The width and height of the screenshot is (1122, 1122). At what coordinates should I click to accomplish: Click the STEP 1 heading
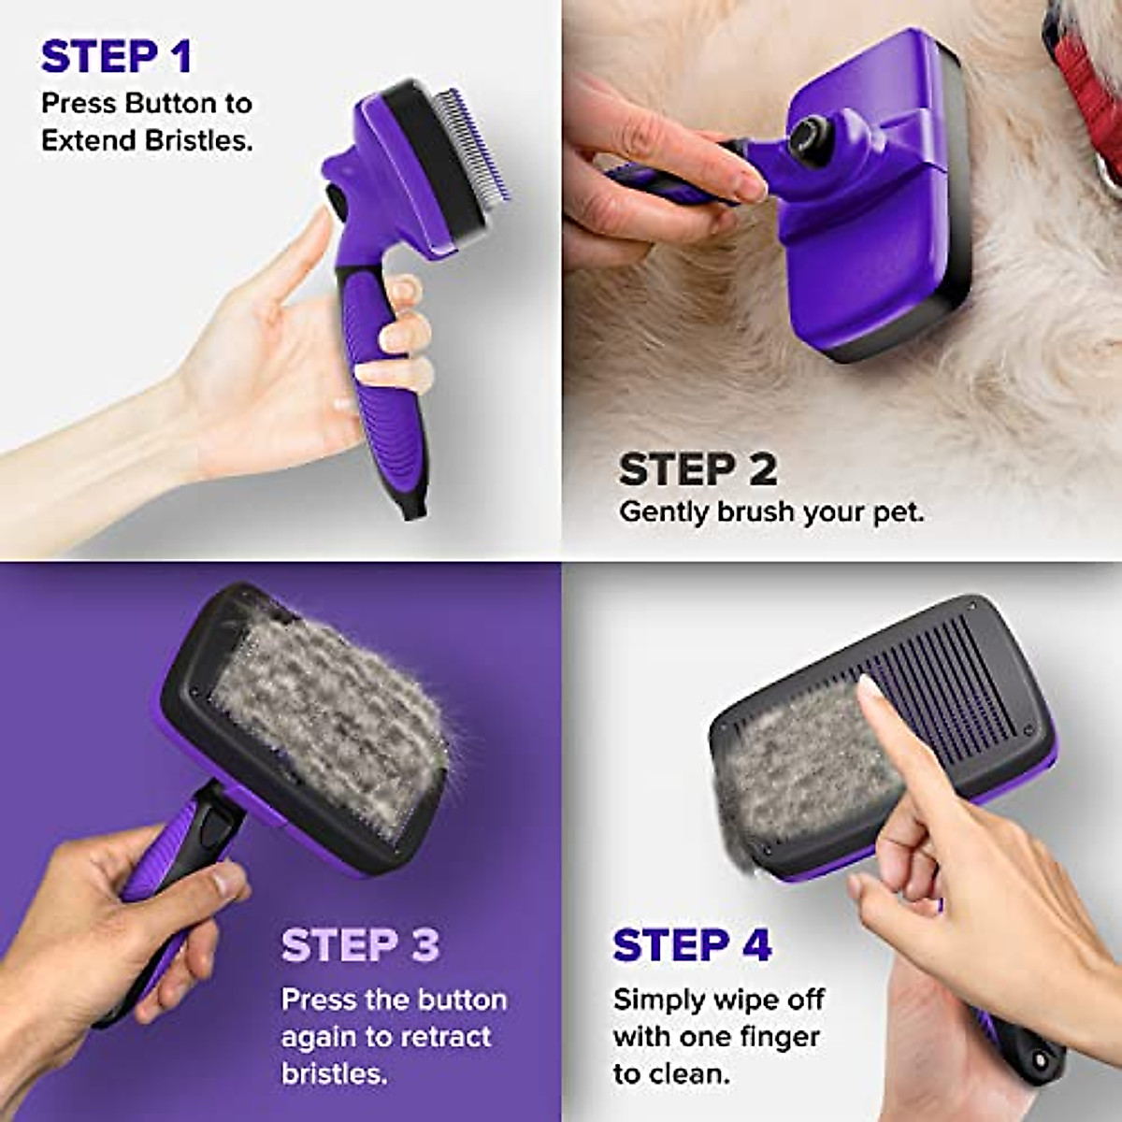click(x=117, y=57)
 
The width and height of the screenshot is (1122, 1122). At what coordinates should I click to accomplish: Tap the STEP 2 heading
click(x=698, y=469)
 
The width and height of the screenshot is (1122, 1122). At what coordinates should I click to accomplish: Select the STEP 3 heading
click(x=360, y=945)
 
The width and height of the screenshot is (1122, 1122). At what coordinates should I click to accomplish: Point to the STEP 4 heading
click(x=692, y=945)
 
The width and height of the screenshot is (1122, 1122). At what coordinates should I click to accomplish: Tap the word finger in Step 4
click(x=774, y=1037)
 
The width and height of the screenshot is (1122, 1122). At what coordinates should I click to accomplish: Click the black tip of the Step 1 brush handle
click(x=412, y=505)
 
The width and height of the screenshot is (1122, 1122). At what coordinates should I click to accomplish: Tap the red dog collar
click(x=1089, y=93)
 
